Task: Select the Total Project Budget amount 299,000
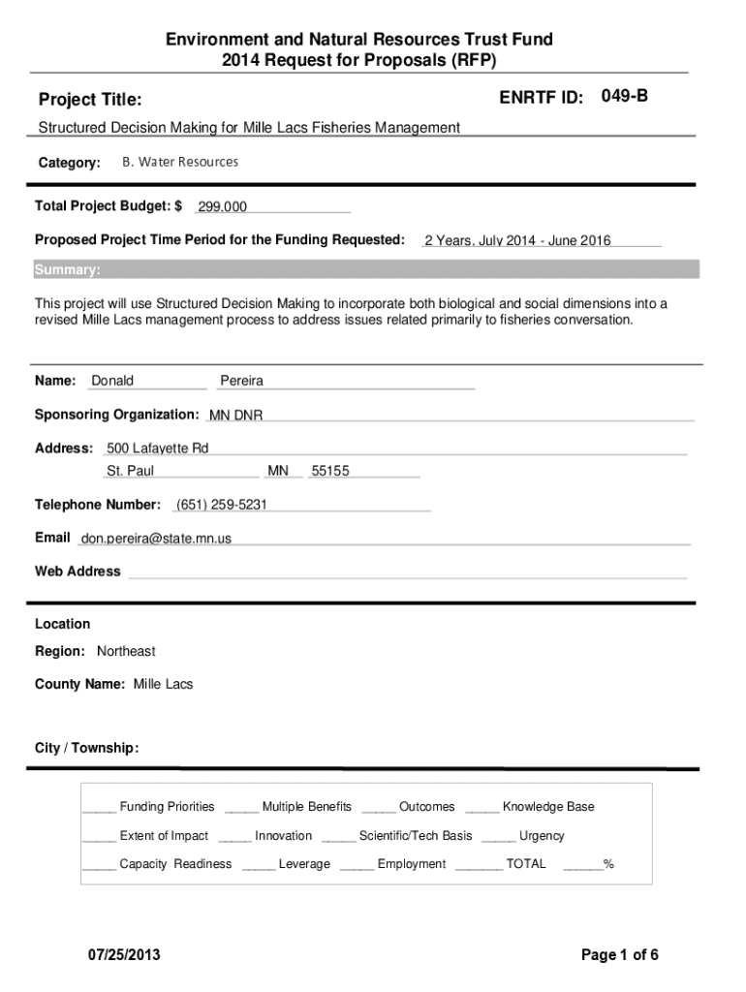[222, 207]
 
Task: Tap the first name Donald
[112, 381]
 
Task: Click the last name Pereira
[242, 381]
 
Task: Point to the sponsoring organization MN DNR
[236, 416]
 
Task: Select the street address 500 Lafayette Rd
[157, 449]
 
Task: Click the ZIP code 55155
[330, 472]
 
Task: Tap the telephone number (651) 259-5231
[221, 505]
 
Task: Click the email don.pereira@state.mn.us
[156, 539]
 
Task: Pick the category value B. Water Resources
[180, 162]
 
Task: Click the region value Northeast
[126, 651]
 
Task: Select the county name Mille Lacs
[163, 684]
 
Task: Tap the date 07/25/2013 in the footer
[124, 955]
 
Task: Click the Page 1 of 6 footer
[620, 955]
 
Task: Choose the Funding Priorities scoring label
[167, 807]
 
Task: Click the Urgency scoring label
[542, 836]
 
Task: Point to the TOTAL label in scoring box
[526, 864]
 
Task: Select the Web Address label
[78, 572]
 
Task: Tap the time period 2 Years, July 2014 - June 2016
[517, 241]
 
